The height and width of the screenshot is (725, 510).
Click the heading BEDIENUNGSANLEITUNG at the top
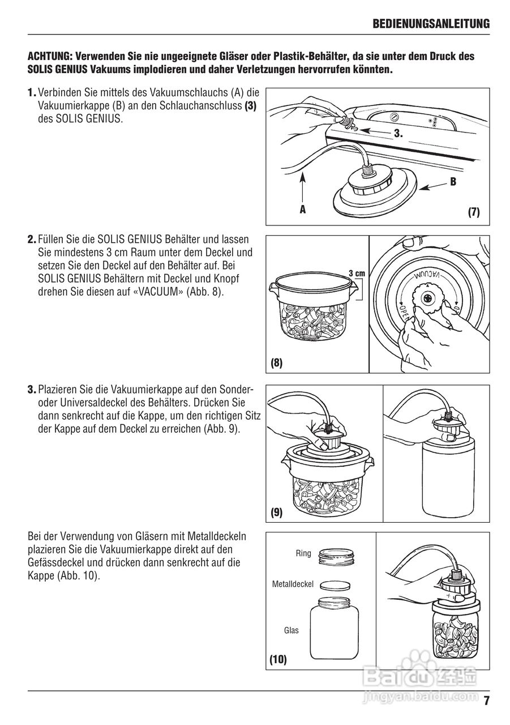431,24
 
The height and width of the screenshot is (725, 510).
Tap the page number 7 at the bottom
486,701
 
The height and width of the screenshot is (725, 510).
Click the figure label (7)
474,212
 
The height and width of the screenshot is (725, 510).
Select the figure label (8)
276,363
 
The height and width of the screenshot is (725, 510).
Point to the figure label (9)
276,513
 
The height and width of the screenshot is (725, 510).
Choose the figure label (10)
277,659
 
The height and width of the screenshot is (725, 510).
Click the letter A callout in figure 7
303,209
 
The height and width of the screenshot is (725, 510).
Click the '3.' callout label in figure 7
398,134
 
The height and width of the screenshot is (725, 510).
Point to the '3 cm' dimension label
357,273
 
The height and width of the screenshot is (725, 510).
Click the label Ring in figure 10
303,553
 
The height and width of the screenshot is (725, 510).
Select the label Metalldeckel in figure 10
293,583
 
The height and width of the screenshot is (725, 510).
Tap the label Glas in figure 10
292,630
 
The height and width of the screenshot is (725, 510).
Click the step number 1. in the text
32,92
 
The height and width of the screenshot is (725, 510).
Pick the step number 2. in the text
32,240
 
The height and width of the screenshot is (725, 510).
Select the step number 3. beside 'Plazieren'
32,390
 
